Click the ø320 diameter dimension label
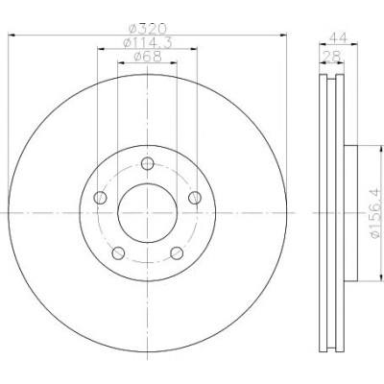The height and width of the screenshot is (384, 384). pos(147,29)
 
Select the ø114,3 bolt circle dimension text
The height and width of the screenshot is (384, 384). pos(148,42)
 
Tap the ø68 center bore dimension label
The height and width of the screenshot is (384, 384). pos(148,57)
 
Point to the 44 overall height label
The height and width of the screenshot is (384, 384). pos(338,38)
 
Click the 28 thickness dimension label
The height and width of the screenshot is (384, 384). pos(331,57)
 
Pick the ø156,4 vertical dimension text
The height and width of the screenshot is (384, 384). pos(376,213)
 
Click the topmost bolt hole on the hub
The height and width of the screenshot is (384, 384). pos(148,164)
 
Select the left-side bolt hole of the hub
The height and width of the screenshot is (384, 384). pos(100,198)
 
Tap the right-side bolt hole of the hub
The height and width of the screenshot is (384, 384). pos(195,198)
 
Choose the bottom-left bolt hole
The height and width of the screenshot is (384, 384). pos(118,253)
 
